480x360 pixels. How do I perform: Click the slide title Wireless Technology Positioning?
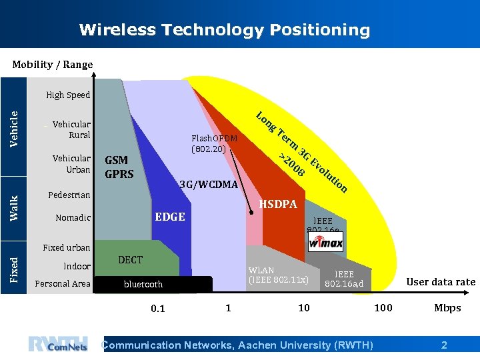tap(224, 30)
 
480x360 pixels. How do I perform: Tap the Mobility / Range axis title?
tap(53, 65)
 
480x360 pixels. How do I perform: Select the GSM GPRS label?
tap(119, 167)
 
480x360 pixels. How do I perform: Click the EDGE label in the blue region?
tap(170, 217)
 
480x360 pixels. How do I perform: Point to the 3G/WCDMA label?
tap(209, 184)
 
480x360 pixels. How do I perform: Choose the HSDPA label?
tap(277, 204)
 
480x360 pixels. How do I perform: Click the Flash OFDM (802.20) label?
tap(214, 144)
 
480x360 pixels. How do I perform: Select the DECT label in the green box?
tap(130, 259)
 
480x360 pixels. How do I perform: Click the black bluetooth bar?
tap(153, 284)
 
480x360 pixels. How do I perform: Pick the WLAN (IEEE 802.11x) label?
tap(278, 275)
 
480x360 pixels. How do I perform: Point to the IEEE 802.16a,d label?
tap(344, 279)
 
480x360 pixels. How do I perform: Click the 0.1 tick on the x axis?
tap(158, 308)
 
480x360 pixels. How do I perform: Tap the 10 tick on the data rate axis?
tap(303, 307)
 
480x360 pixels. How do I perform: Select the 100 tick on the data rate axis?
tap(383, 307)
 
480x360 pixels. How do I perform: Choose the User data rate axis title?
tap(441, 282)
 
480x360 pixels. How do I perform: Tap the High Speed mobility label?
tap(68, 95)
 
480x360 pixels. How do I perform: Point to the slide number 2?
tap(444, 345)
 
